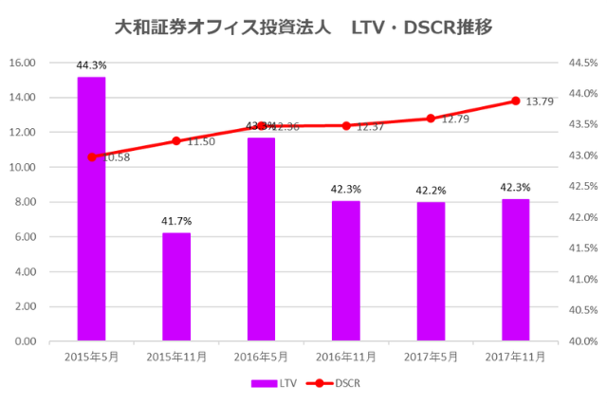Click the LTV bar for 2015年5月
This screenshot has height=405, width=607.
click(91, 209)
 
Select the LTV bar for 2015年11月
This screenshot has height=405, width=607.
click(176, 286)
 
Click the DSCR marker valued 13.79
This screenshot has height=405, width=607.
click(515, 101)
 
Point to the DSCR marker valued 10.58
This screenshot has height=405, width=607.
click(92, 156)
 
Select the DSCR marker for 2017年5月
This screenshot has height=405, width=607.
click(431, 119)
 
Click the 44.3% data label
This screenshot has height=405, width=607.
click(92, 65)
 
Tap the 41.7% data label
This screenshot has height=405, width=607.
click(176, 221)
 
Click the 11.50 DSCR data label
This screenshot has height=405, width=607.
click(201, 141)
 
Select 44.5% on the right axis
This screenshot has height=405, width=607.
click(581, 63)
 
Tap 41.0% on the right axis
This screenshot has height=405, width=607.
click(581, 279)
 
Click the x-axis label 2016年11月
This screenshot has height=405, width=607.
click(346, 357)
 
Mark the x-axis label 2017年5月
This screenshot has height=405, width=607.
click(431, 357)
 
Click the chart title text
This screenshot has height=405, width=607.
click(303, 26)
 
